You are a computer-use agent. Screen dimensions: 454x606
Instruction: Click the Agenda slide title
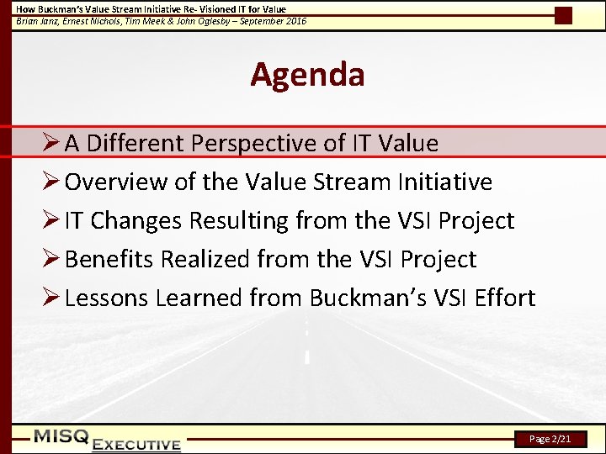(307, 75)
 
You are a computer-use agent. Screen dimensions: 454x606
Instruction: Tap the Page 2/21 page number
(550, 439)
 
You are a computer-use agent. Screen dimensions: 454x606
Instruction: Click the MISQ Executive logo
(107, 440)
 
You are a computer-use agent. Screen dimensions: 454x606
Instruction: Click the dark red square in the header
(563, 15)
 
